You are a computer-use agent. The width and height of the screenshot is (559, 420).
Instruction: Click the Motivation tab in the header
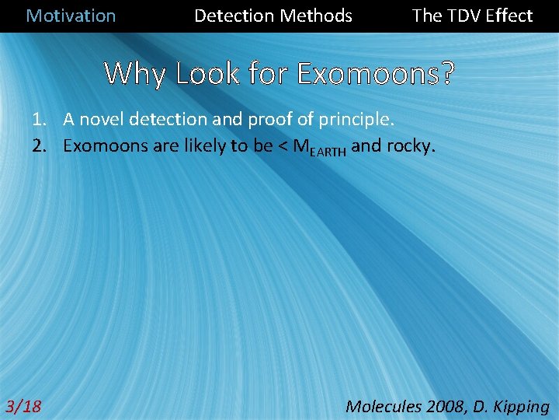(x=71, y=16)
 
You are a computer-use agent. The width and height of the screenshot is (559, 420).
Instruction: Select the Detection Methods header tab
(x=273, y=16)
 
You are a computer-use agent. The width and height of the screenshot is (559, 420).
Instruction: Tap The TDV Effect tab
(x=472, y=16)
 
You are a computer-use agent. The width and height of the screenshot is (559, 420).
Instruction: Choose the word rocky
(x=412, y=145)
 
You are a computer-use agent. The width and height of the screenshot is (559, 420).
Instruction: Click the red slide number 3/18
(x=24, y=406)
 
